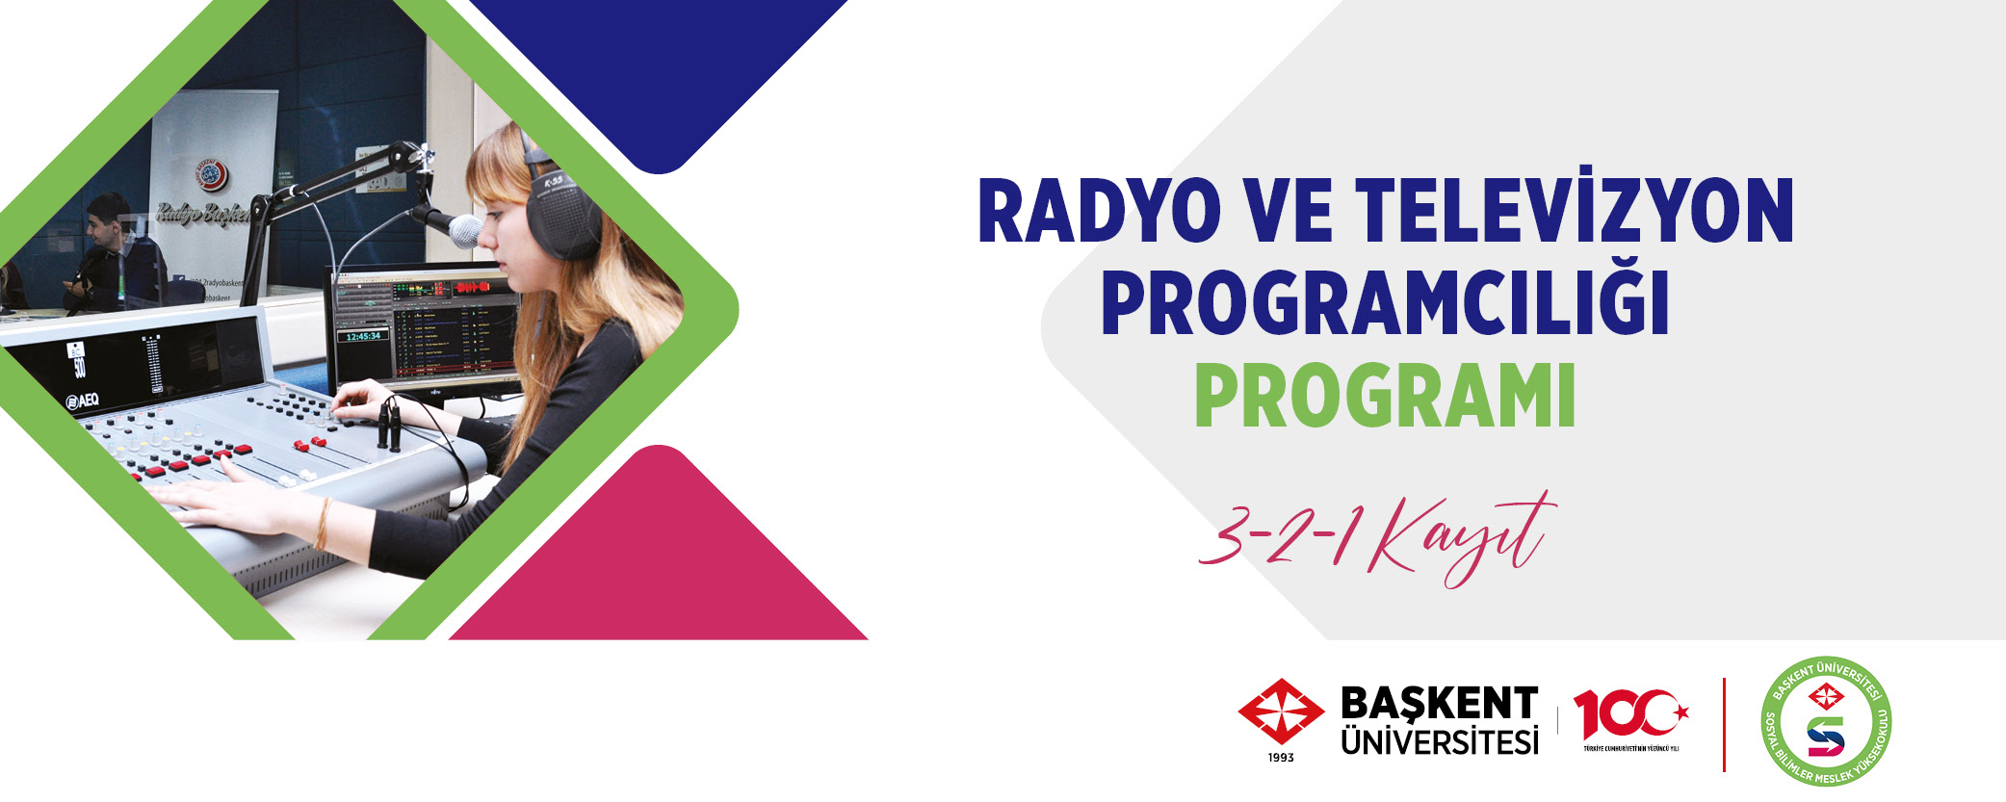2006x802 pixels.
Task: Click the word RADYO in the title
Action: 1098,212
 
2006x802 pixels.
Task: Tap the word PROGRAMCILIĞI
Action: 1384,303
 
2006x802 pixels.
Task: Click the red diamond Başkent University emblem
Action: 1280,712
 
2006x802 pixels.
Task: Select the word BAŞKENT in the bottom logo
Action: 1439,704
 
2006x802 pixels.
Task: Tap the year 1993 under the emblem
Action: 1280,758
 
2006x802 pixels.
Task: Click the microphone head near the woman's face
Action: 464,231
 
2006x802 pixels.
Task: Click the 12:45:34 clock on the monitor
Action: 363,337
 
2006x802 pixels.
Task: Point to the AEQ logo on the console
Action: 81,400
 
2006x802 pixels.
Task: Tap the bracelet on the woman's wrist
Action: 322,523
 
